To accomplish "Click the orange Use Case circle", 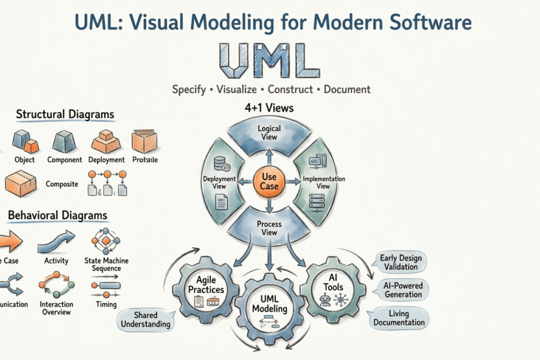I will pyautogui.click(x=269, y=181).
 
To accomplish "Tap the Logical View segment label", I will pyautogui.click(x=269, y=133).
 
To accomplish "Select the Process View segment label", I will pyautogui.click(x=269, y=228).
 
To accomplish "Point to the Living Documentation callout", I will pyautogui.click(x=399, y=318).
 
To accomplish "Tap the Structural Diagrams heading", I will pyautogui.click(x=65, y=114).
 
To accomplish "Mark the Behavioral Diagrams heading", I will pyautogui.click(x=58, y=216).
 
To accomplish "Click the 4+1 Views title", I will pyautogui.click(x=269, y=108).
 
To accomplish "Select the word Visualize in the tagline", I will pyautogui.click(x=236, y=89).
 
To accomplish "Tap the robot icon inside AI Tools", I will pyautogui.click(x=325, y=301).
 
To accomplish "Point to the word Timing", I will pyautogui.click(x=106, y=304).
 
